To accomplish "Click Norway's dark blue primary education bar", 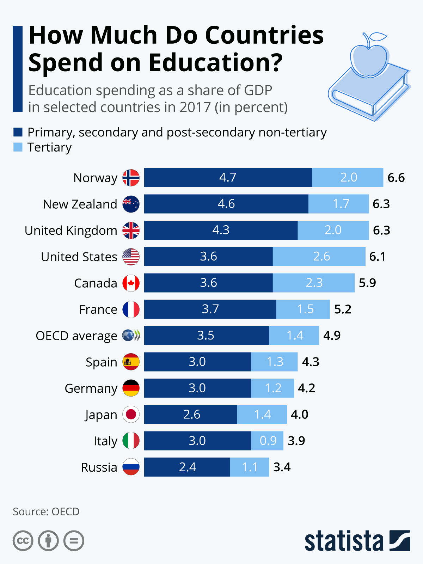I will [x=228, y=178].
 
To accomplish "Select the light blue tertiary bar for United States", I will [x=319, y=257].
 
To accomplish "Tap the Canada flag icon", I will [x=131, y=283].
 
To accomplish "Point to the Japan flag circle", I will [x=131, y=415].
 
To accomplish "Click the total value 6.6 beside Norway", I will [x=396, y=178].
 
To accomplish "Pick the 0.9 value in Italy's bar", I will [x=268, y=441].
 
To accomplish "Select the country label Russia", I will [x=99, y=467].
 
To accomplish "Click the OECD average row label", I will [x=76, y=336].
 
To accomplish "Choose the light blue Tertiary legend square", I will [x=18, y=147].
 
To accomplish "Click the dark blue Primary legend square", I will [x=18, y=132].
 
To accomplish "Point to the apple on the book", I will [x=369, y=58].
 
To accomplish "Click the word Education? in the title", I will [x=215, y=63].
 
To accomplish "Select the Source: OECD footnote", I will [x=46, y=511].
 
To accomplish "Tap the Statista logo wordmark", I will [x=344, y=541].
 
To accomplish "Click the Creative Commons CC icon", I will [x=23, y=541].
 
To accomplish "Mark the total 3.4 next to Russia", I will [x=282, y=467].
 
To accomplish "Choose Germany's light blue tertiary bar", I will [x=272, y=388].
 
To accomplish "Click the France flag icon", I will [x=131, y=309].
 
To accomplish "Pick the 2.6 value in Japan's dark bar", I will [x=192, y=415].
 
